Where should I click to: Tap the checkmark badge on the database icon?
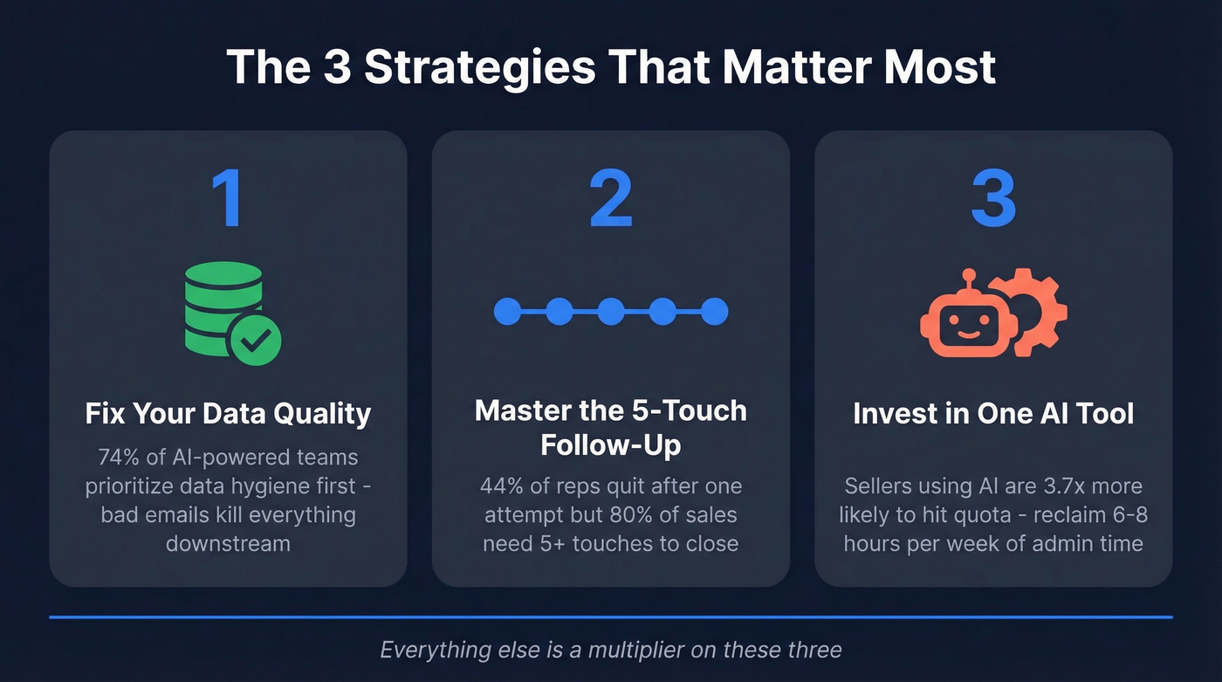255,340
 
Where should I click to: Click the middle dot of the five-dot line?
611,311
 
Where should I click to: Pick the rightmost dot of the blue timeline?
714,311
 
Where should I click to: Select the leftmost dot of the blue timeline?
507,311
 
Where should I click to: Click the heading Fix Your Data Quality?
228,413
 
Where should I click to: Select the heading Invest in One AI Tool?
993,413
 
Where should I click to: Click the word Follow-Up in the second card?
610,444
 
